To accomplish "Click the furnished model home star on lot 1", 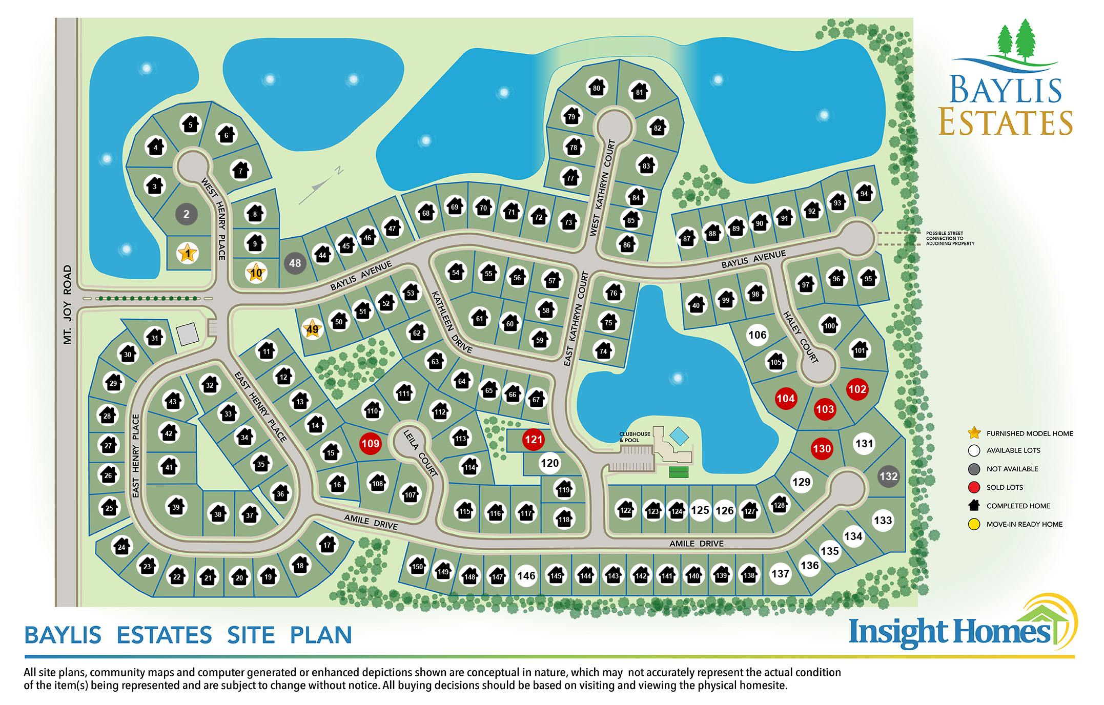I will [x=188, y=253].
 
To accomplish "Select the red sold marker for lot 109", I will [x=370, y=444].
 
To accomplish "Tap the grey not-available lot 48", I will [x=295, y=263].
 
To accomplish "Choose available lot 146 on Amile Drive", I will [x=526, y=575].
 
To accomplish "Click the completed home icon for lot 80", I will [x=596, y=88].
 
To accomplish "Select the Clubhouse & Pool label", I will [x=635, y=437].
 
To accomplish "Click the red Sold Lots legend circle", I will [x=974, y=487].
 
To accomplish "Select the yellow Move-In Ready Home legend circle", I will [x=974, y=524].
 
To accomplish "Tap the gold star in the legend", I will [x=974, y=433].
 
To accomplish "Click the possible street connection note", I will [x=950, y=238].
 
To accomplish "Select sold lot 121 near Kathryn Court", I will [x=533, y=439].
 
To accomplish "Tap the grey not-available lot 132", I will [x=888, y=476].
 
